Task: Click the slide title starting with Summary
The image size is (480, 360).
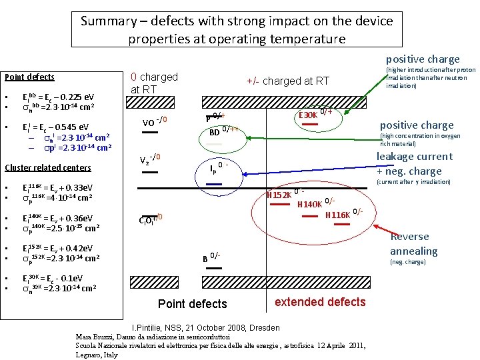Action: [237, 29]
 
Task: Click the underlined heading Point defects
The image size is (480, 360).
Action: [29, 77]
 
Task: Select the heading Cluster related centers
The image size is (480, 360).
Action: [47, 167]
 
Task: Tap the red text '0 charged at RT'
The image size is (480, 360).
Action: [154, 83]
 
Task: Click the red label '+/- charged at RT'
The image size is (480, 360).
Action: [287, 81]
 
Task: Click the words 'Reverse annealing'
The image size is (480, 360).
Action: [413, 244]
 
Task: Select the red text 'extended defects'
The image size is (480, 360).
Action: [320, 302]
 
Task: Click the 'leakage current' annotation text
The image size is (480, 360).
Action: [414, 157]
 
